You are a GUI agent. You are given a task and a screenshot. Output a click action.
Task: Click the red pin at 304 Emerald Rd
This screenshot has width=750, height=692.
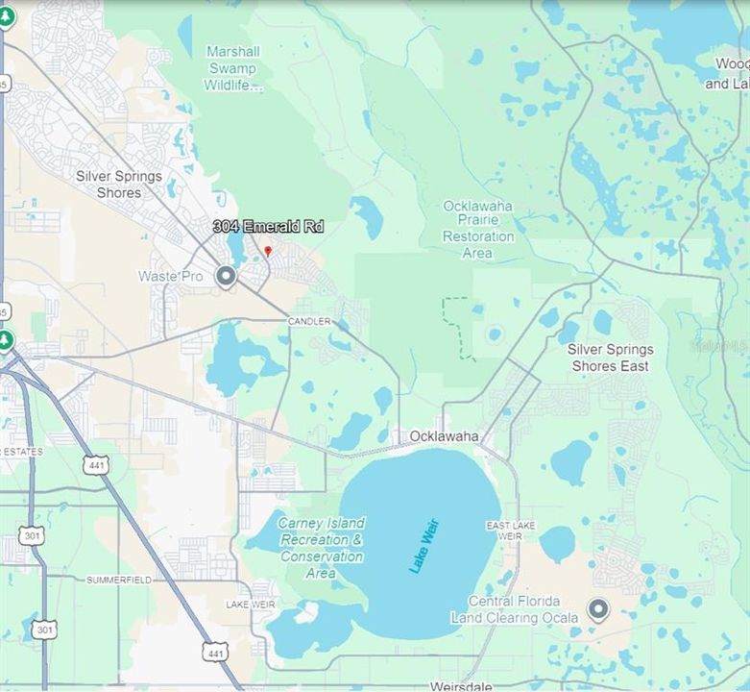(268, 251)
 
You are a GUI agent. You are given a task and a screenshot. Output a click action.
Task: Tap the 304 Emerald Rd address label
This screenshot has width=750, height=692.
(268, 227)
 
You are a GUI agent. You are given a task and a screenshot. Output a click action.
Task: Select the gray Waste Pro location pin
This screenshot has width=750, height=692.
(226, 278)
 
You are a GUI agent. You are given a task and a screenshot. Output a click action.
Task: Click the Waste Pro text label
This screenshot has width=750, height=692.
(171, 276)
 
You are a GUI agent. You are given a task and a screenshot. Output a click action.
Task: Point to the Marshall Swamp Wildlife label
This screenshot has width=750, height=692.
(231, 68)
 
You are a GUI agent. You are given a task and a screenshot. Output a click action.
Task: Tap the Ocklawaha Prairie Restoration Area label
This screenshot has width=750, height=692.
(477, 230)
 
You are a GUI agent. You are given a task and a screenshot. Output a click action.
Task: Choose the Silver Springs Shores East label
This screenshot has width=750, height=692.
(610, 358)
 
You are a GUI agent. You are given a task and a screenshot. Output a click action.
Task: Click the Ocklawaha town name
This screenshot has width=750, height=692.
(444, 436)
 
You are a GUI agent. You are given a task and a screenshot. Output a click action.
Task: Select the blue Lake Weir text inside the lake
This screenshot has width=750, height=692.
(423, 552)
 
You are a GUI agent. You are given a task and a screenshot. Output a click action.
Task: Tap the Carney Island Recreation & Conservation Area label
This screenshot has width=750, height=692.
(321, 548)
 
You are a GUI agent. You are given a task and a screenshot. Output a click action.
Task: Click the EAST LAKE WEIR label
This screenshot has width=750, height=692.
(511, 531)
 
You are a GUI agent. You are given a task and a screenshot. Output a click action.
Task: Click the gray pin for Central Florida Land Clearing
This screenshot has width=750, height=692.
(598, 609)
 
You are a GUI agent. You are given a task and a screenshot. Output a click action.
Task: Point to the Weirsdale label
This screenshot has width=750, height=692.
(461, 686)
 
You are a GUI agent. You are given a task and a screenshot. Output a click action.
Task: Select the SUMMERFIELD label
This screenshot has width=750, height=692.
(120, 581)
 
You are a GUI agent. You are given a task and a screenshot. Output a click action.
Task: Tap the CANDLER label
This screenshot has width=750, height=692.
(309, 321)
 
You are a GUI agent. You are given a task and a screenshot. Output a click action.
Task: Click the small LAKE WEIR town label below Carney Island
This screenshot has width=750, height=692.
(251, 605)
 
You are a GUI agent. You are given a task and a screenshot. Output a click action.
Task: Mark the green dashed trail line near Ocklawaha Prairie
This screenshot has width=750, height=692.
(456, 327)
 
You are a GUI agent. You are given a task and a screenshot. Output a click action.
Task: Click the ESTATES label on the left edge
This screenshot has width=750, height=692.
(21, 451)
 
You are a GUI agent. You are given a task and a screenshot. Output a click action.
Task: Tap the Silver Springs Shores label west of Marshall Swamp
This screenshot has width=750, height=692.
(119, 185)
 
